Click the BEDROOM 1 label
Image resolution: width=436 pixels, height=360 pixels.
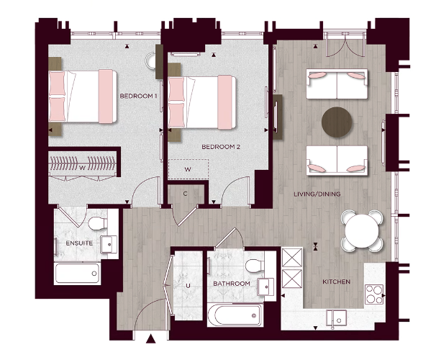click(138, 96)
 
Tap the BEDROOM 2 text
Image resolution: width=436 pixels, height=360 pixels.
click(221, 147)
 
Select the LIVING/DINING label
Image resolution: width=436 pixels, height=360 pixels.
click(317, 194)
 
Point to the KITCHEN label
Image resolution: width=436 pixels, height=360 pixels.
click(336, 282)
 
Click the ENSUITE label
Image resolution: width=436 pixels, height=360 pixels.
click(79, 243)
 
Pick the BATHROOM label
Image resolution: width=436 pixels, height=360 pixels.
click(231, 284)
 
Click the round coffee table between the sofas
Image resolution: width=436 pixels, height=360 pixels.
click(337, 121)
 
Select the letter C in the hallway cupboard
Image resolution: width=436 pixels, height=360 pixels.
click(185, 193)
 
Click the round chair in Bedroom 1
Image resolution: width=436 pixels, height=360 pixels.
click(161, 60)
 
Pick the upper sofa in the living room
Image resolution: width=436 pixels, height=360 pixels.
click(337, 84)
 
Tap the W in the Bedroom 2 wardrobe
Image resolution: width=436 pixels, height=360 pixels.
click(187, 170)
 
